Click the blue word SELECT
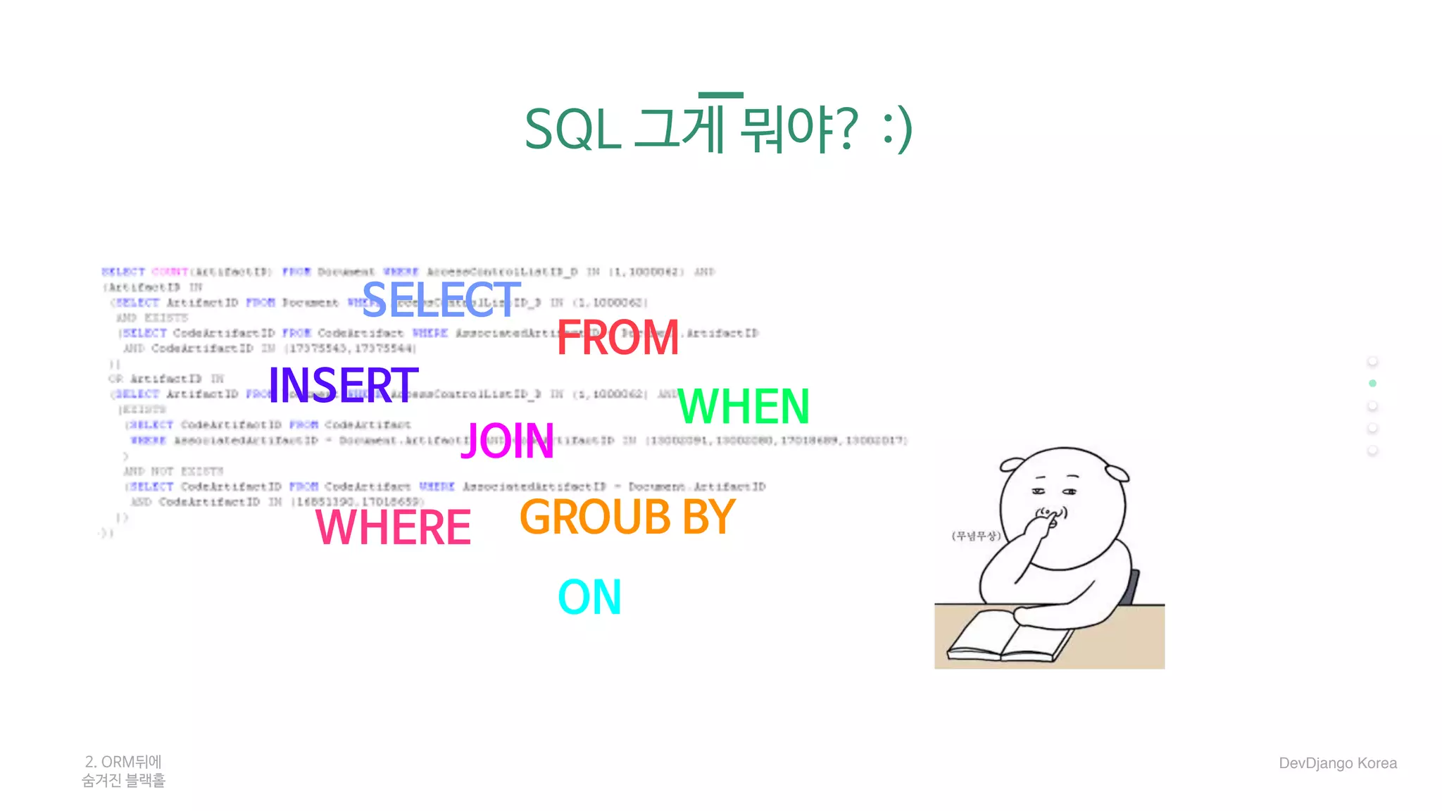click(x=441, y=300)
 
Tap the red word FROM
click(x=617, y=338)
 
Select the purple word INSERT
click(x=343, y=385)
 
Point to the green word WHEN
click(x=744, y=407)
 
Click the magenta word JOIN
click(x=507, y=441)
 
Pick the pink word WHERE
click(x=393, y=527)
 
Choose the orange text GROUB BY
click(x=627, y=517)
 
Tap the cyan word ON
click(x=589, y=598)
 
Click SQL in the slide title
click(x=572, y=130)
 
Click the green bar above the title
click(x=720, y=95)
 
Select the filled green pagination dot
click(x=1372, y=384)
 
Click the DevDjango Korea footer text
click(x=1338, y=763)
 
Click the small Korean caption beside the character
click(x=975, y=536)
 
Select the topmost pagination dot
click(x=1372, y=361)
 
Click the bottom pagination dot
click(x=1372, y=451)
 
